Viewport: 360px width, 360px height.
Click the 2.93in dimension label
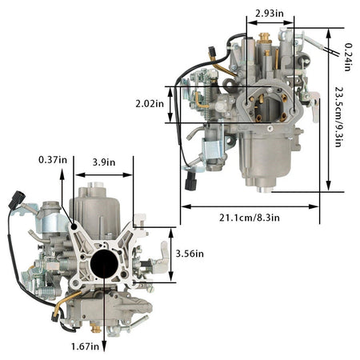point(270,14)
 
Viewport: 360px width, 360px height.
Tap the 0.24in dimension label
point(347,57)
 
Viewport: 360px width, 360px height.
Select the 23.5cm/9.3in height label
point(338,117)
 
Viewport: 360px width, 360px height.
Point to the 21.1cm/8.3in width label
point(250,218)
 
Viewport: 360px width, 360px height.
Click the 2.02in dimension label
point(150,103)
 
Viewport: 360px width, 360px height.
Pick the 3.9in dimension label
point(104,162)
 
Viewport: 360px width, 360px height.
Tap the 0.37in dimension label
point(53,160)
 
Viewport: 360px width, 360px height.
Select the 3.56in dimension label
point(190,254)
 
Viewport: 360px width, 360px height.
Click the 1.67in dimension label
point(85,346)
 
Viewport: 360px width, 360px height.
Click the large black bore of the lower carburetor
point(104,264)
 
